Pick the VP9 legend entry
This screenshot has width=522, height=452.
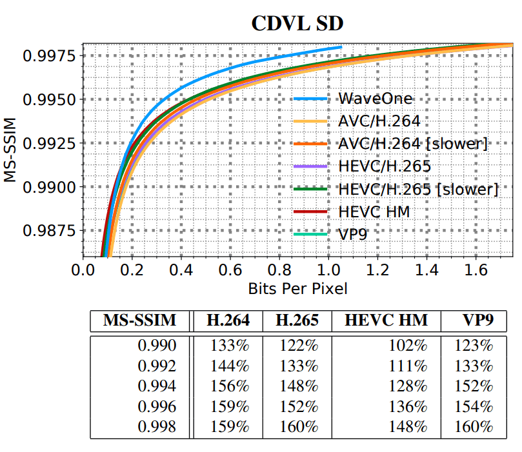pos(352,233)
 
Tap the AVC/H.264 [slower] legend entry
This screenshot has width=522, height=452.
pos(412,144)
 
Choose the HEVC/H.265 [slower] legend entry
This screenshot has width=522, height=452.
pos(417,189)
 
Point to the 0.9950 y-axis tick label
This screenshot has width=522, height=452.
pos(49,100)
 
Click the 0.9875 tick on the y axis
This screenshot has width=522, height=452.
pos(49,231)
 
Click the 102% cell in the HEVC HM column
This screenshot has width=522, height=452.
pos(408,345)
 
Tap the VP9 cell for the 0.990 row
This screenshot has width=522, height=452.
pos(474,345)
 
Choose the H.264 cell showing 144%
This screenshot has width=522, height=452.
pos(230,366)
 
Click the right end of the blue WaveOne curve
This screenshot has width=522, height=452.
pos(341,47)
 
